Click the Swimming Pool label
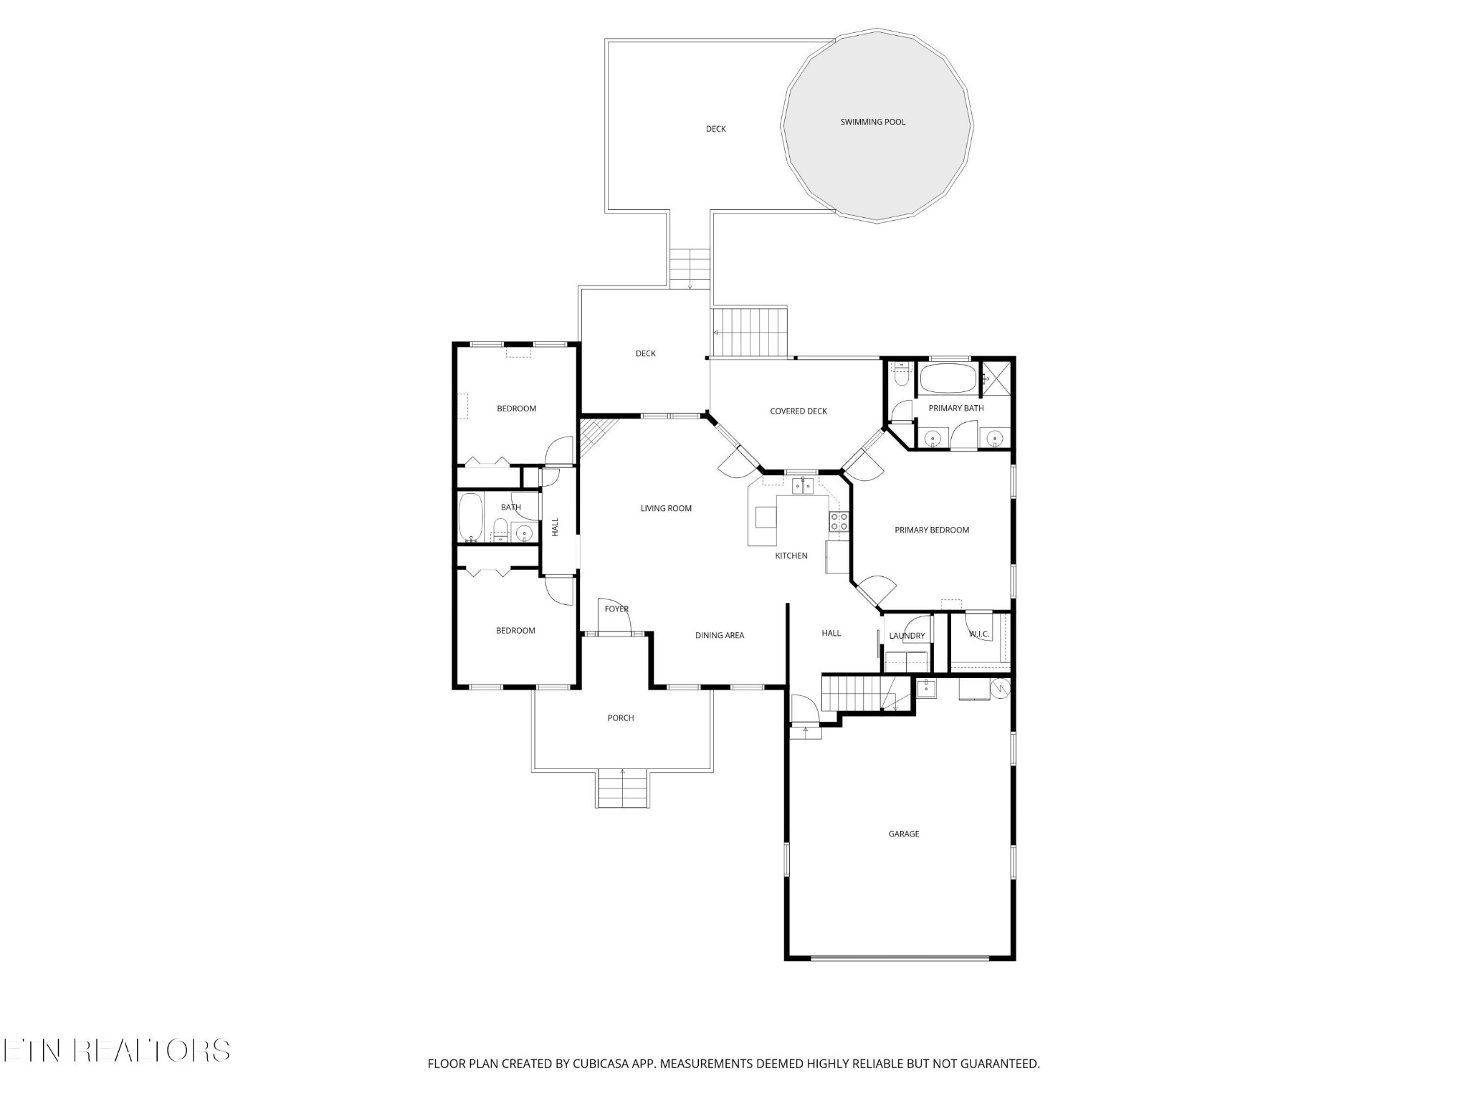pos(872,122)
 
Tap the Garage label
pos(903,834)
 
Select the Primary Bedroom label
pos(931,530)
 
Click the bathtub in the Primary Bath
pos(948,378)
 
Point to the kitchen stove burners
pos(839,522)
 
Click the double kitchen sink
pos(803,486)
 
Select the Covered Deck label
pos(798,411)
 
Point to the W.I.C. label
pos(978,634)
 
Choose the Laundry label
pos(907,636)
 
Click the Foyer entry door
pos(614,617)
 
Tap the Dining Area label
pos(719,635)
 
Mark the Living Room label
pos(666,508)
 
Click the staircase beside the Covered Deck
pos(750,332)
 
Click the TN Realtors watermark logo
pos(115,1051)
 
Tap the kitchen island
pos(766,517)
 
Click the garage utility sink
pos(926,688)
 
